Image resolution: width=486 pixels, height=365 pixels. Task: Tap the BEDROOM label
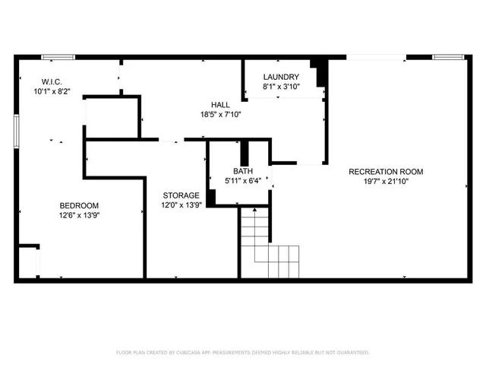pos(79,206)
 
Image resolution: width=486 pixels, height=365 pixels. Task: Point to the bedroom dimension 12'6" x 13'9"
pos(79,216)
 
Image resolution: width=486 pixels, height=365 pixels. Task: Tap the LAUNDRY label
pos(281,77)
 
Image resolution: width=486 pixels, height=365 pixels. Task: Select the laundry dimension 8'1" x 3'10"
pos(281,87)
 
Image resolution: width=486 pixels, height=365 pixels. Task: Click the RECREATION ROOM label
pos(386,172)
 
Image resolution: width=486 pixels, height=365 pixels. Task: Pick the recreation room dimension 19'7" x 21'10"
pos(386,182)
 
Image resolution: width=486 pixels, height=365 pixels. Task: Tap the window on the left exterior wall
pos(16,131)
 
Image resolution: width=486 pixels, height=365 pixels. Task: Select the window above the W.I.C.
pos(58,56)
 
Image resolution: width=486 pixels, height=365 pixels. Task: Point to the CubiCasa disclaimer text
pos(243,353)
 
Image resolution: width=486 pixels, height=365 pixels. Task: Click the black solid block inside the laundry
pos(321,72)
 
